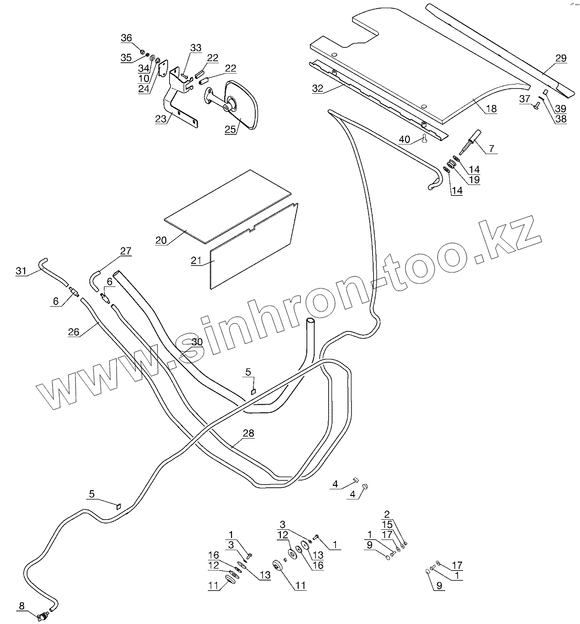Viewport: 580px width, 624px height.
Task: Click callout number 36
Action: [x=126, y=38]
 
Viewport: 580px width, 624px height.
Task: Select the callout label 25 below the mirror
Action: [x=231, y=129]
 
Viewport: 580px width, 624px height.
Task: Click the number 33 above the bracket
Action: [x=195, y=48]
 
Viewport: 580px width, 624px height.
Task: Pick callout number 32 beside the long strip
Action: [x=318, y=88]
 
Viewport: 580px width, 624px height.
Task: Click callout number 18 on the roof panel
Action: [x=491, y=109]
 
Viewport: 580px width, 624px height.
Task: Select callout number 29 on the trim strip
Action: [x=560, y=58]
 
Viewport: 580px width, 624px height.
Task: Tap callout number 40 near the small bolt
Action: [x=405, y=140]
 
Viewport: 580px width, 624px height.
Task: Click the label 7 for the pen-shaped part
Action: [x=492, y=149]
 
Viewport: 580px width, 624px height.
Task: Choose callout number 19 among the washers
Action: [x=474, y=180]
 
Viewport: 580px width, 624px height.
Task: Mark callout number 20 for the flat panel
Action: [x=161, y=240]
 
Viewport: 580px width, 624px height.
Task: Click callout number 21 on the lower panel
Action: [x=196, y=260]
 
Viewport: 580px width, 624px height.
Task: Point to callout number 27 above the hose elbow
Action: [x=126, y=251]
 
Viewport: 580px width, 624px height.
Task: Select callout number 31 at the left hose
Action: [x=21, y=271]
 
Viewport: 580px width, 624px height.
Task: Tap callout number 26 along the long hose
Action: [x=73, y=332]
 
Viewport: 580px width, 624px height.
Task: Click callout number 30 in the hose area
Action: [x=197, y=342]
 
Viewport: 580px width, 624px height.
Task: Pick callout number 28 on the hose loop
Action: [x=248, y=433]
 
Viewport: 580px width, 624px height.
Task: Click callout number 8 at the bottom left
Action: [x=22, y=606]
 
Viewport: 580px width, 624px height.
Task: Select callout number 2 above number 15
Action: [x=387, y=514]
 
